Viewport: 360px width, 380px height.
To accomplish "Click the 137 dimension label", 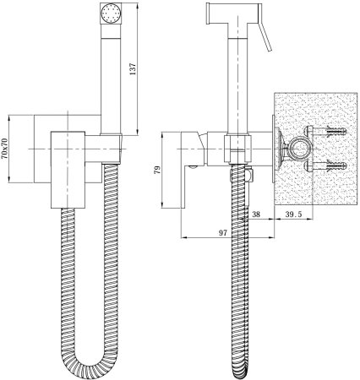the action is click(133, 68).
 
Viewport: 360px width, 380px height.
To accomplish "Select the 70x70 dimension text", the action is click(5, 149).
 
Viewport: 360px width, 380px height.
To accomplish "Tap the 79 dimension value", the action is click(157, 170).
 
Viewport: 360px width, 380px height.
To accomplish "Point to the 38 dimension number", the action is click(256, 214).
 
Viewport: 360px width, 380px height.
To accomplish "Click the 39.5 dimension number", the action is click(293, 214).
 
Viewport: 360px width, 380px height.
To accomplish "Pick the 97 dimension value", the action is click(223, 232).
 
